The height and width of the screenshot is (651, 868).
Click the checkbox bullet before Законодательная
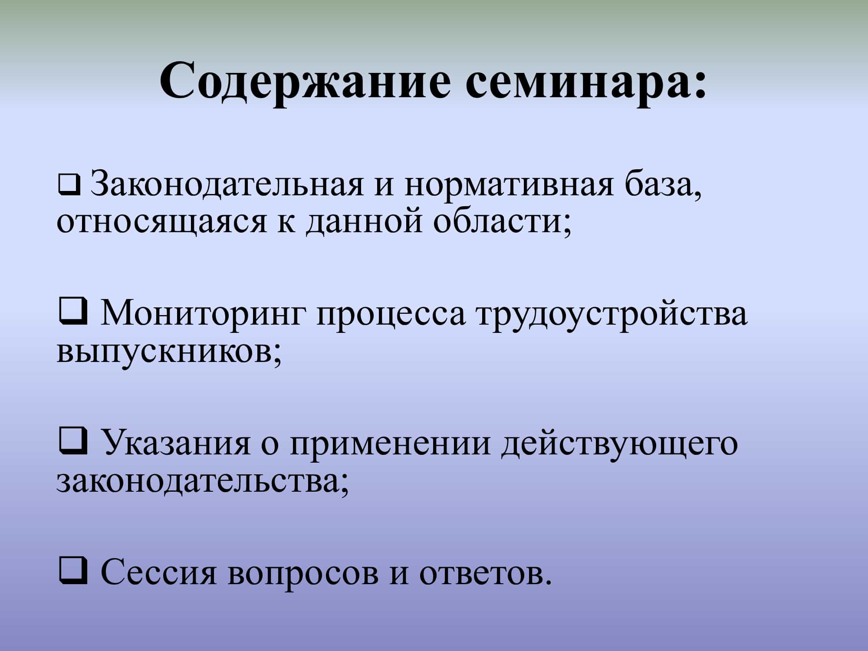pos(69,184)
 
